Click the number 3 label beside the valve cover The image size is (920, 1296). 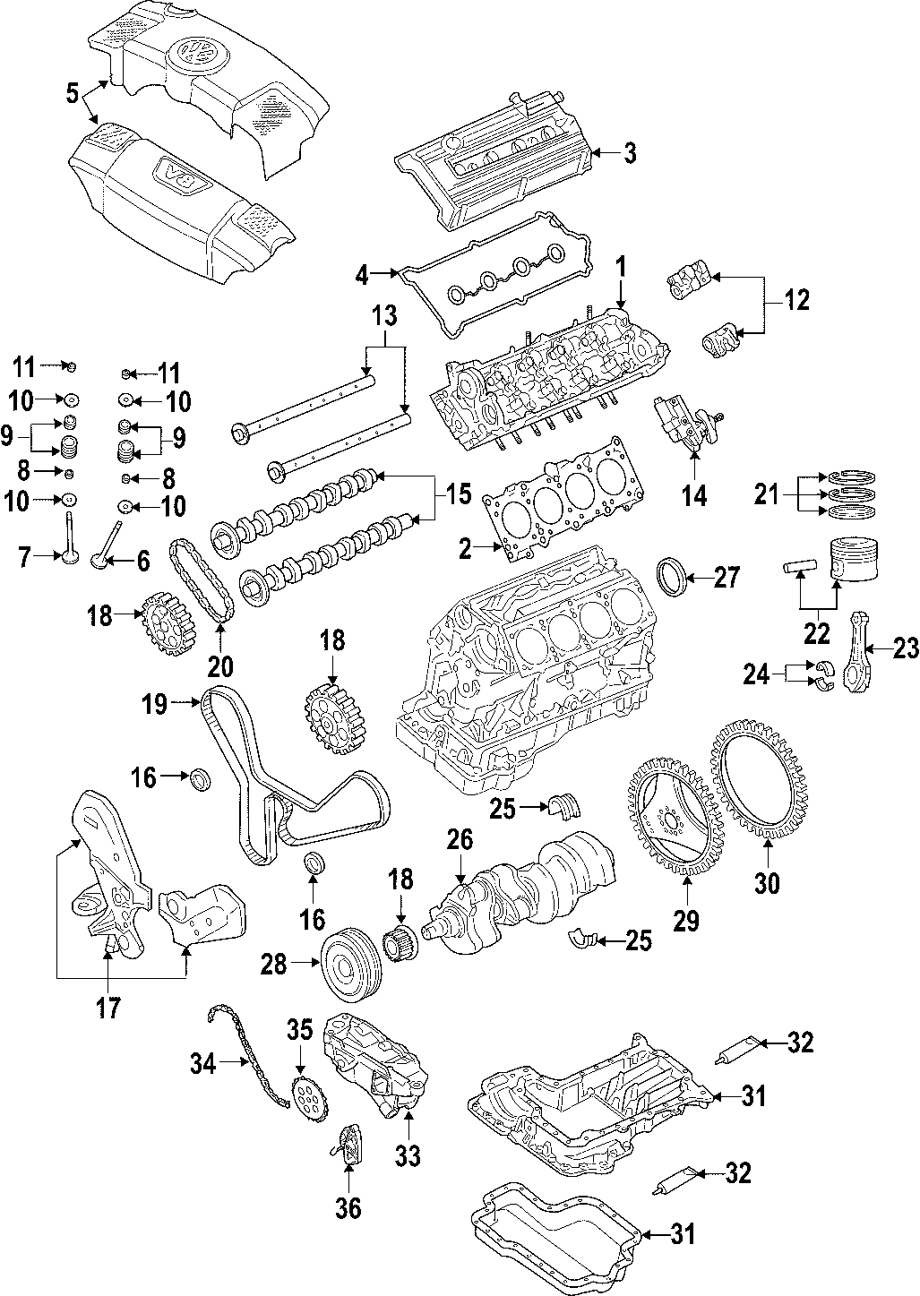point(630,154)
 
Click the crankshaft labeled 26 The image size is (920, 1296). point(529,887)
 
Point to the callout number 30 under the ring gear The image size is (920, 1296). point(768,883)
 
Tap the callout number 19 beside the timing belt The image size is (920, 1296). point(155,705)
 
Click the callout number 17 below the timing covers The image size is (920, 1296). point(107,1008)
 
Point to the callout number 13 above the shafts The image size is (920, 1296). point(383,315)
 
